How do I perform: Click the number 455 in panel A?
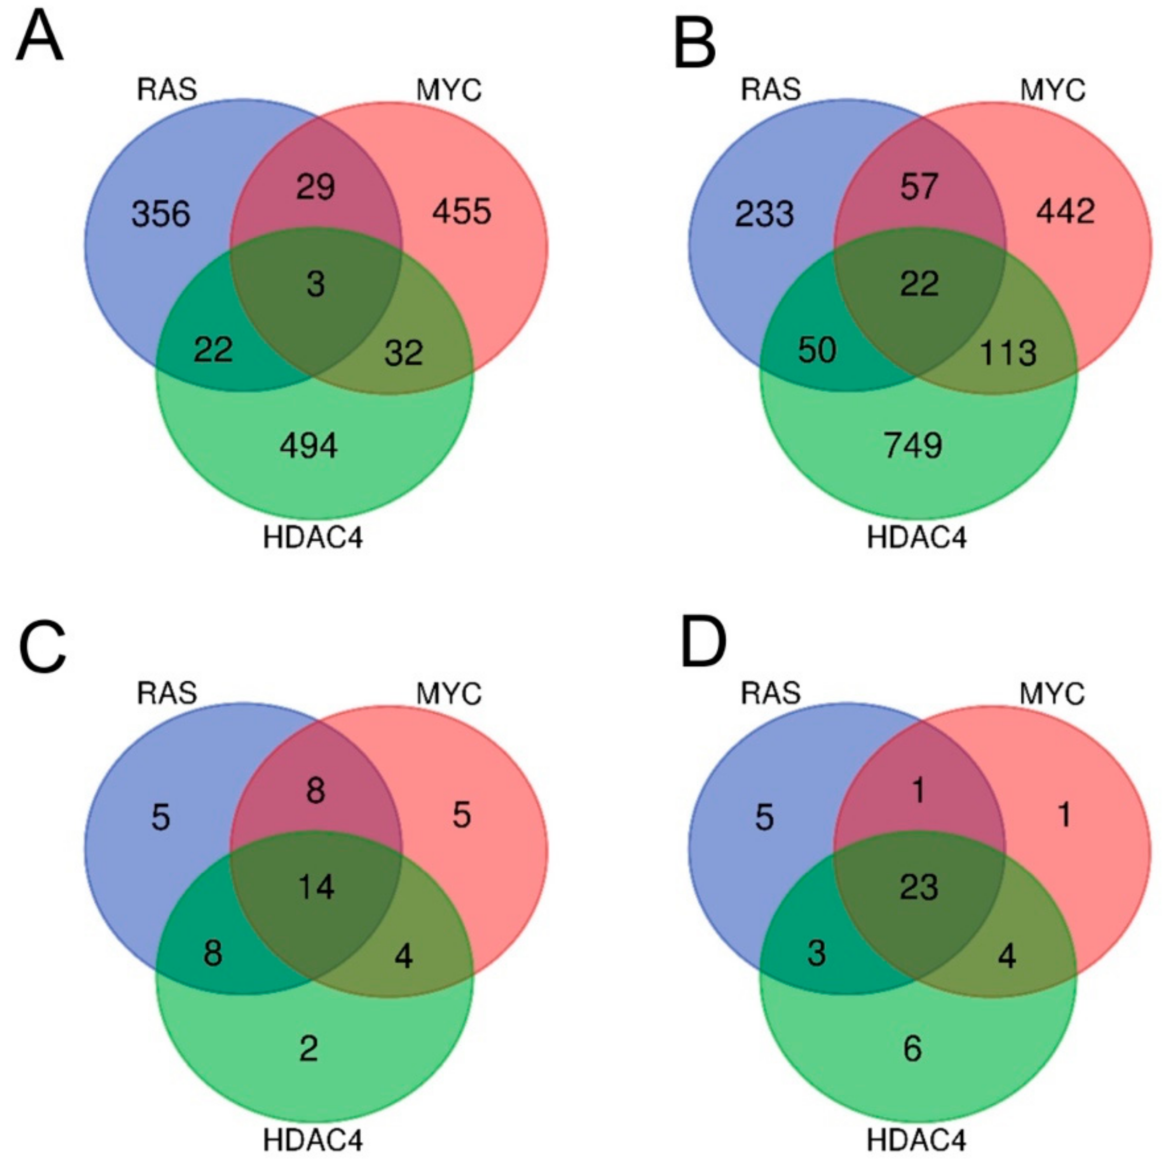(462, 212)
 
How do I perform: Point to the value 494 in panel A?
(309, 446)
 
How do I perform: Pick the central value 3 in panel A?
(316, 285)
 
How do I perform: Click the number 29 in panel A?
(316, 187)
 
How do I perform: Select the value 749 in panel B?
(913, 446)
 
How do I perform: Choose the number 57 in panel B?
(920, 187)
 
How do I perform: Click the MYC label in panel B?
(1053, 91)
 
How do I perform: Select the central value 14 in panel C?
(316, 887)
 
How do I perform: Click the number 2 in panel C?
(309, 1049)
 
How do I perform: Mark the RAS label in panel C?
(167, 693)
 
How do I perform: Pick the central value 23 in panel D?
(920, 887)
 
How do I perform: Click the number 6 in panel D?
(913, 1049)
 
